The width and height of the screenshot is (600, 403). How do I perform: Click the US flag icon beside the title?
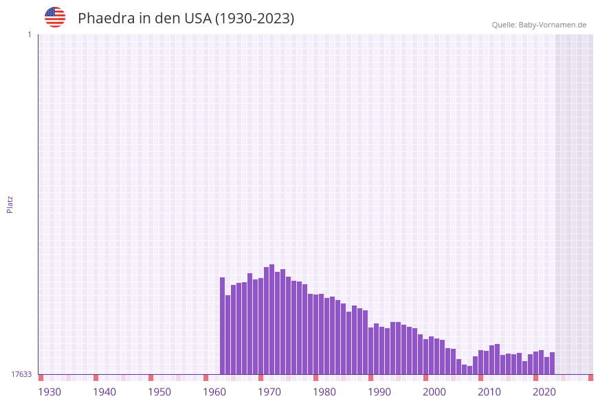(x=55, y=17)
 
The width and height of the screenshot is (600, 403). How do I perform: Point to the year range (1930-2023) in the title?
(x=255, y=19)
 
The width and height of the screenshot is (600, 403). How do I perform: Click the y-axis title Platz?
(x=10, y=204)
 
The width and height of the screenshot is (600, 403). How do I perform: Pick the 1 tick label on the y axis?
(x=29, y=34)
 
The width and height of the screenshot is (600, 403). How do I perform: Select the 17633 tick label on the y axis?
(x=21, y=374)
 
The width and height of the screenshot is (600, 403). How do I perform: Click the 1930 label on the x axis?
(x=49, y=392)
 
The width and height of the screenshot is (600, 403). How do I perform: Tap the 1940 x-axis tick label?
(x=104, y=392)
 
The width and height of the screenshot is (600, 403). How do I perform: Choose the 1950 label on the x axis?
(x=159, y=392)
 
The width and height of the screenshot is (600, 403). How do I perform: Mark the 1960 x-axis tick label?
(x=214, y=392)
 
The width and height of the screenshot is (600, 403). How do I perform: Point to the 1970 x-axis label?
(x=269, y=392)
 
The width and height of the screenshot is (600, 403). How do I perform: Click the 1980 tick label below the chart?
(x=324, y=392)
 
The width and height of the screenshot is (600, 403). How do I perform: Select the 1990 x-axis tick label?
(x=379, y=392)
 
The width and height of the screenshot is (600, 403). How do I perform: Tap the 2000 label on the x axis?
(x=434, y=392)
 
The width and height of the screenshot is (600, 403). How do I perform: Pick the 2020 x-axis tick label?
(x=544, y=392)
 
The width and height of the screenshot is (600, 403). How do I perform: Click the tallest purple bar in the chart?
(x=271, y=319)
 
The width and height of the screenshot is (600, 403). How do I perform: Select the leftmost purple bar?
(x=222, y=326)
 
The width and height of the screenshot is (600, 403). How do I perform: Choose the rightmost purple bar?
(x=552, y=363)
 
